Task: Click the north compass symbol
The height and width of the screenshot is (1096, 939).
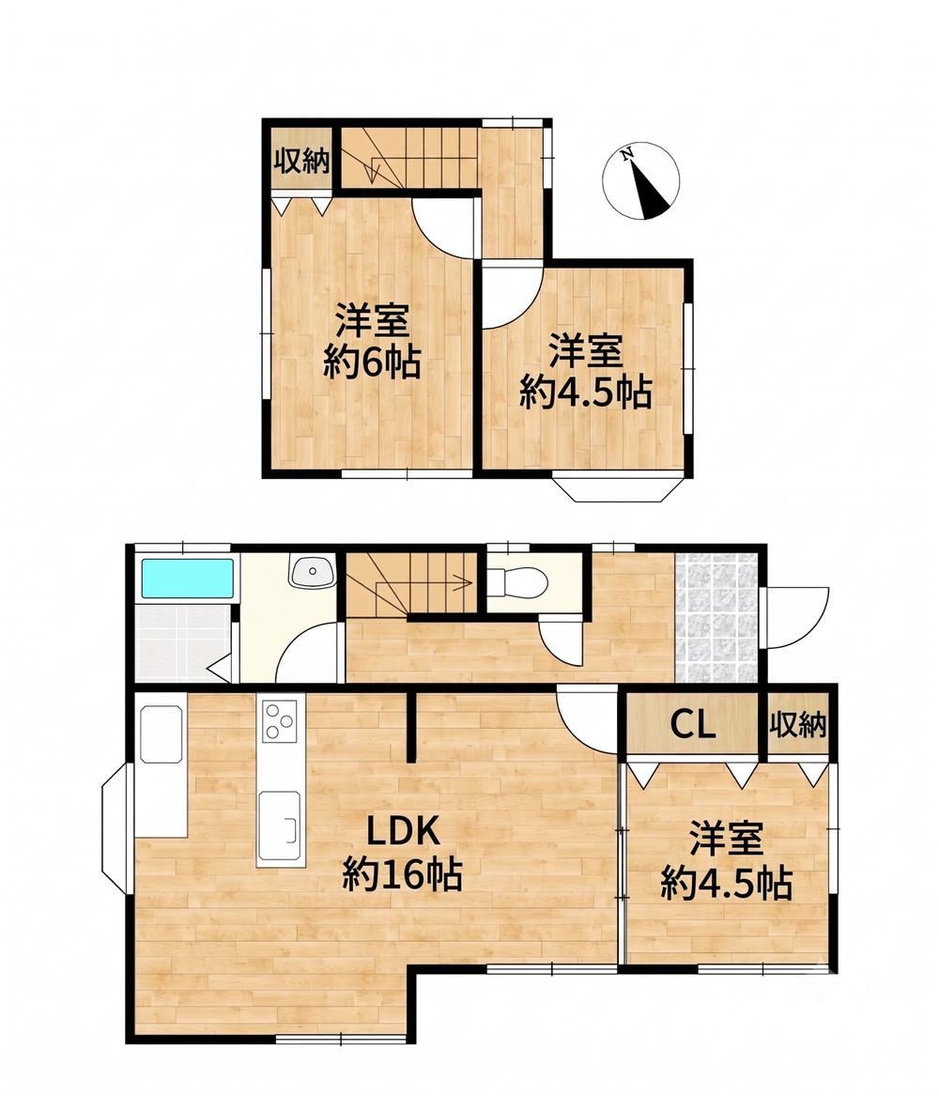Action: click(640, 181)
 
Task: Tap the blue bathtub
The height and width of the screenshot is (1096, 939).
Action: click(187, 579)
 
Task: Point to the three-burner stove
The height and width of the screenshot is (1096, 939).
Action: click(280, 720)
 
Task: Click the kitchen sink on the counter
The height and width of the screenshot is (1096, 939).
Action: click(280, 825)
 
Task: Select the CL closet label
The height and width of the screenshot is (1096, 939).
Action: click(693, 725)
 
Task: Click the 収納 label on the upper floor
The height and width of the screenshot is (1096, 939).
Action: click(301, 162)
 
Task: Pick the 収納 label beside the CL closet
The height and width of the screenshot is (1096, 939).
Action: click(798, 725)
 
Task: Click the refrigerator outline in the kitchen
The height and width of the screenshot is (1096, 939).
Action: click(162, 733)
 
